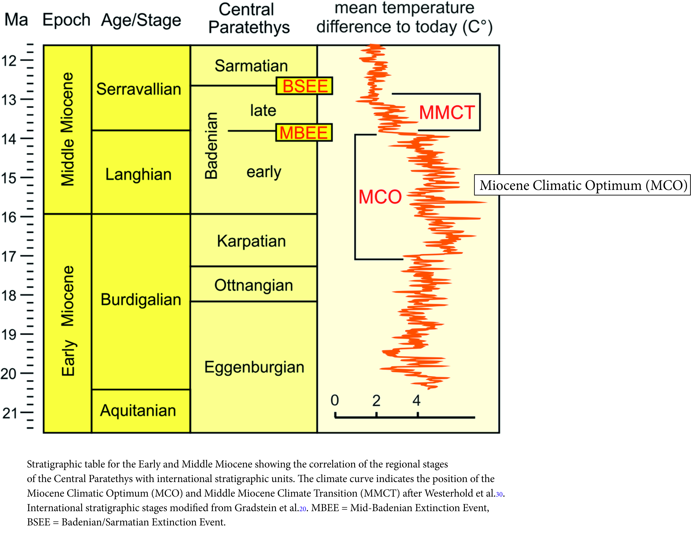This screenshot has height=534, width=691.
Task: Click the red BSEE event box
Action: [305, 86]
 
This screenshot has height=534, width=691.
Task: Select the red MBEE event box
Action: [304, 133]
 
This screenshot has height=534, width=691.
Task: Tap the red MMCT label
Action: [446, 112]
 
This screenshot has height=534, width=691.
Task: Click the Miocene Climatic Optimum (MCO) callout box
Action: [582, 185]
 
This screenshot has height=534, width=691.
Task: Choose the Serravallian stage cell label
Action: [139, 89]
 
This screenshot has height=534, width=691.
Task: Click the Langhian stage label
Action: [138, 174]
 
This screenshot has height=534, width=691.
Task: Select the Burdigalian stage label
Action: [141, 299]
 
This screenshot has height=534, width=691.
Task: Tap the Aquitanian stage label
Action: [138, 411]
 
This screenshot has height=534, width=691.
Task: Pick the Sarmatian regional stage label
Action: [251, 66]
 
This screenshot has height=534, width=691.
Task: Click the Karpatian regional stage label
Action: [251, 241]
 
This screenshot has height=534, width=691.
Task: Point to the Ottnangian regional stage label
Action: [253, 285]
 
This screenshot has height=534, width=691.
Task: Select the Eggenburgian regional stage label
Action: [254, 367]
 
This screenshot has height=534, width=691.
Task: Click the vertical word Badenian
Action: [211, 146]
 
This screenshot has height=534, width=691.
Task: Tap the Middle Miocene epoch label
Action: [67, 129]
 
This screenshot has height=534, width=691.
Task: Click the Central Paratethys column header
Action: [249, 18]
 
